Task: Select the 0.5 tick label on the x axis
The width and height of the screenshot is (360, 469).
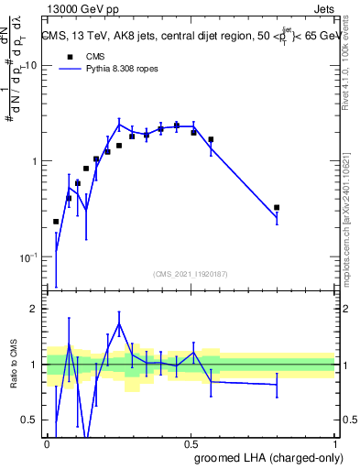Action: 191,442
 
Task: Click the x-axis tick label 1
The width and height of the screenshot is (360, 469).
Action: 335,442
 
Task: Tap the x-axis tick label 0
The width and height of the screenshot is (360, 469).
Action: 47,442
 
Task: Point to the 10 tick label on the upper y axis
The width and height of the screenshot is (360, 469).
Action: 29,66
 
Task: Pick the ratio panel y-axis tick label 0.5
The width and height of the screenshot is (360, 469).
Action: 31,420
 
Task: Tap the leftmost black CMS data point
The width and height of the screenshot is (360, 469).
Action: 56,222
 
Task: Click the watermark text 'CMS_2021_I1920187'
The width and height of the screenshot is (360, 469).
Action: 191,273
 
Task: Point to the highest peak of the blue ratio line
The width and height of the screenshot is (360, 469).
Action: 119,323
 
